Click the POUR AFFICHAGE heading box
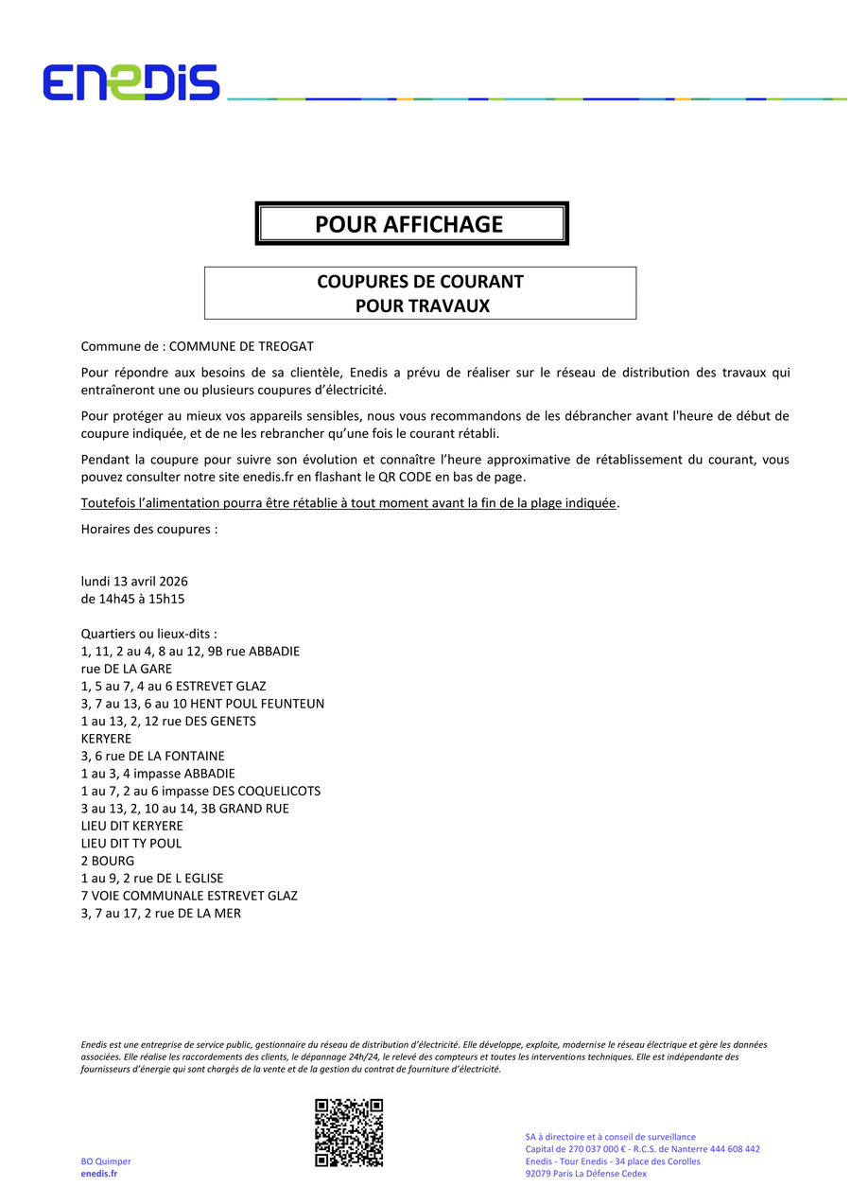(411, 224)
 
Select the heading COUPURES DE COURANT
(420, 282)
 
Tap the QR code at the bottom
(349, 1132)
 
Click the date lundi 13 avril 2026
(134, 581)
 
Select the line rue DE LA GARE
(127, 669)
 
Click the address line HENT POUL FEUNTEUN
(202, 704)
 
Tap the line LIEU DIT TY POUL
(131, 843)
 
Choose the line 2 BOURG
(108, 861)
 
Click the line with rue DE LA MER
(161, 913)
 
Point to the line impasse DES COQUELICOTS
(200, 791)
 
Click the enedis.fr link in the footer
(99, 1174)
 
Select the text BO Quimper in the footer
(106, 1161)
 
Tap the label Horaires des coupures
(149, 529)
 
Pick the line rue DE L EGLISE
(152, 878)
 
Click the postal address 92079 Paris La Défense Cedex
(585, 1174)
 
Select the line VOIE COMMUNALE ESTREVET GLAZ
(189, 895)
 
